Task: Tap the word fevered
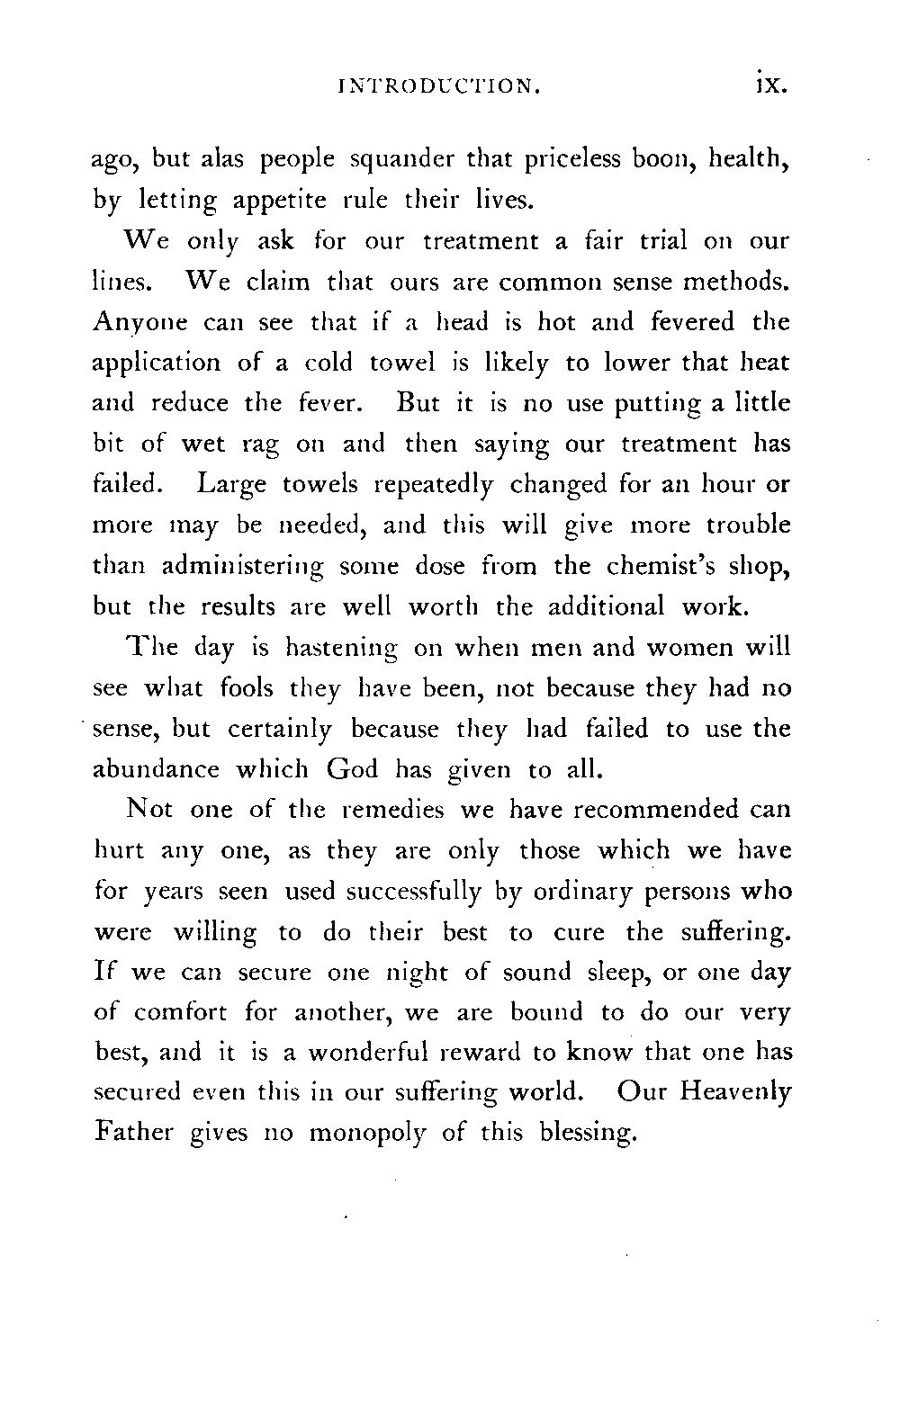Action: click(691, 321)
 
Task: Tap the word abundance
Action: click(157, 769)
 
